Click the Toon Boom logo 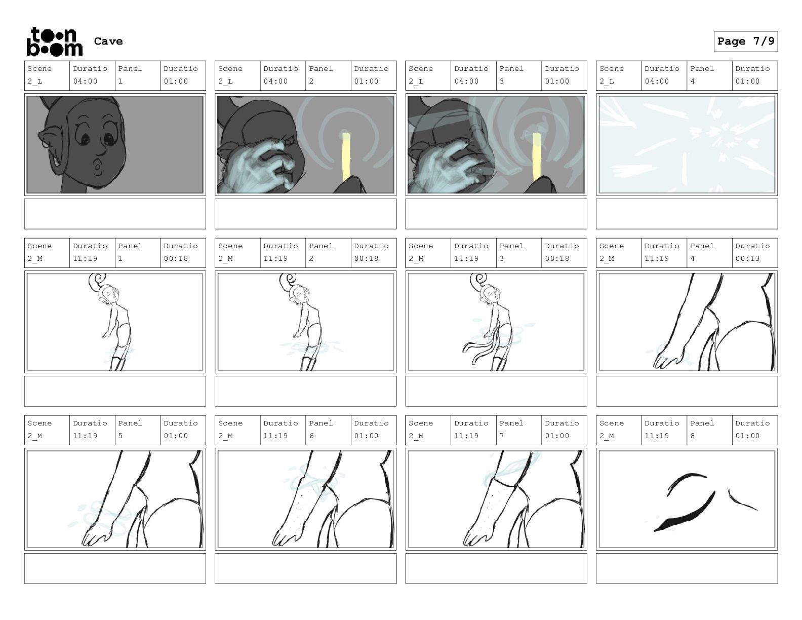(x=55, y=42)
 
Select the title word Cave (x=108, y=41)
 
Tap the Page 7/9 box (x=745, y=42)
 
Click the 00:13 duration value (x=747, y=258)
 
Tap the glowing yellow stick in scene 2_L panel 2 (x=346, y=156)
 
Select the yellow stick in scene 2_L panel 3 (x=537, y=156)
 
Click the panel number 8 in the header (x=693, y=436)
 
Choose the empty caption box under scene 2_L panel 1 (x=115, y=214)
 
